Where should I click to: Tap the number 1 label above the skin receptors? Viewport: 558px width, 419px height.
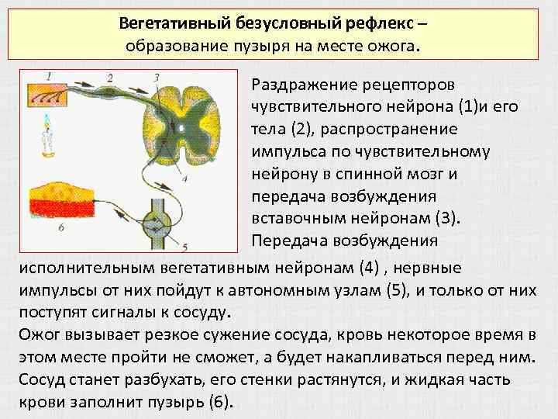(x=50, y=76)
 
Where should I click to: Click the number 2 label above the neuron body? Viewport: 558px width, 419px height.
(x=110, y=77)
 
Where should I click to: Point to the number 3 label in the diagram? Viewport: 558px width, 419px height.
(x=157, y=77)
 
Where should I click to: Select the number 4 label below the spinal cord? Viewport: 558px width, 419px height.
(x=184, y=178)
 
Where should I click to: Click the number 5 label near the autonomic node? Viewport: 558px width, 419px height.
(x=184, y=247)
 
